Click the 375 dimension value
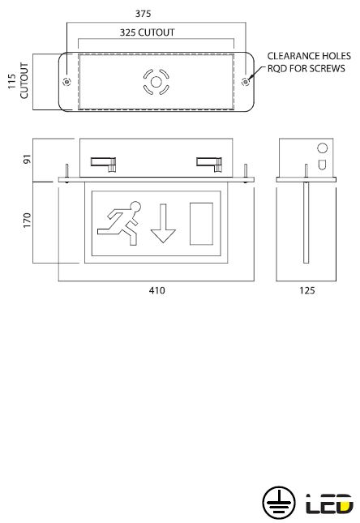coord(143,14)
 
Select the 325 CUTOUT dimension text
coord(147,32)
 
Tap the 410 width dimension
coord(156,290)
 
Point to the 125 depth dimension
coord(307,290)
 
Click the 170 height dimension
coord(27,220)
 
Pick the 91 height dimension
coord(27,159)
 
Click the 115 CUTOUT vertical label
coord(19,81)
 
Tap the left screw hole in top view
coord(66,81)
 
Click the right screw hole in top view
coord(246,81)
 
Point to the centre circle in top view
coord(156,82)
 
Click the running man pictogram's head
coord(135,207)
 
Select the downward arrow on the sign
coord(163,223)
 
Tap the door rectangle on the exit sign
coord(202,224)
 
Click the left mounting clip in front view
coord(104,164)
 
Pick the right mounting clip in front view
coord(209,164)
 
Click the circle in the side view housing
coord(323,148)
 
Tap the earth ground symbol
coord(279,503)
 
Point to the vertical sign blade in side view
coord(306,222)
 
